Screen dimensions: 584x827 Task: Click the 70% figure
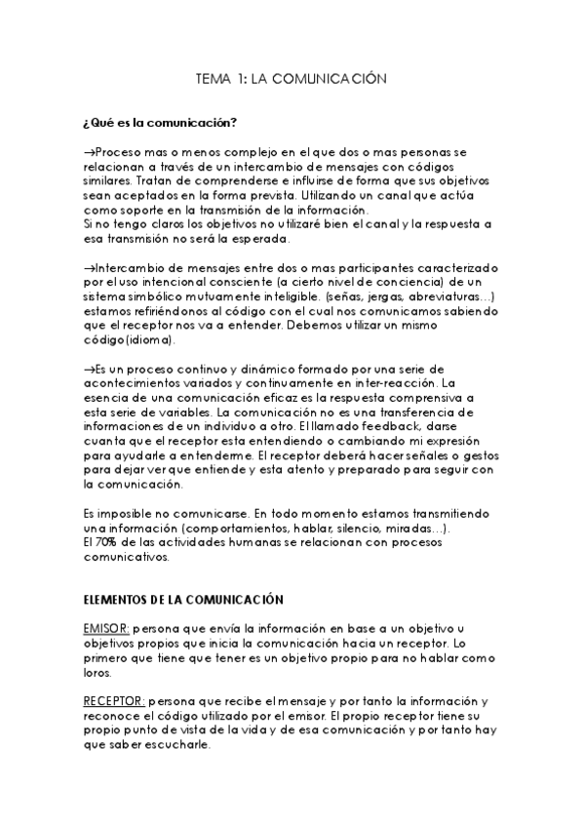click(x=104, y=541)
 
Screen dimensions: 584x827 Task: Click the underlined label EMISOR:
click(x=106, y=630)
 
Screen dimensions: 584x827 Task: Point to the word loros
click(x=97, y=673)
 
